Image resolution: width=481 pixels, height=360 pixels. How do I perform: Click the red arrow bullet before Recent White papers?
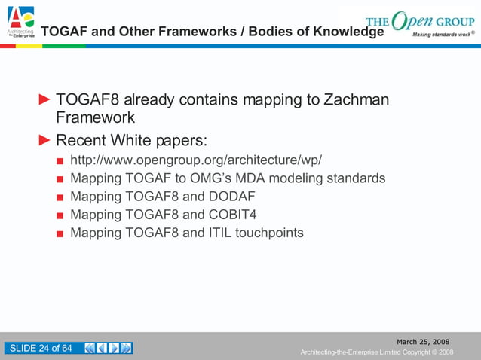pyautogui.click(x=45, y=140)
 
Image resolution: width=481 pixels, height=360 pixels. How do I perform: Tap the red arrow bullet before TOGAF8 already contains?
pyautogui.click(x=45, y=99)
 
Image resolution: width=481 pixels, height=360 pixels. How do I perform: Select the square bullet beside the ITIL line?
pyautogui.click(x=60, y=233)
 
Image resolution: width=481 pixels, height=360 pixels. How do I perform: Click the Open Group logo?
pyautogui.click(x=419, y=23)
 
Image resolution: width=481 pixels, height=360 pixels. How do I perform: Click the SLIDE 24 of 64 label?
pyautogui.click(x=41, y=348)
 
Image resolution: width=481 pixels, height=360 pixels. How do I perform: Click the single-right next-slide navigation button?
pyautogui.click(x=114, y=348)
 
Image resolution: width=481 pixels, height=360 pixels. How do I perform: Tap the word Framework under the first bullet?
pyautogui.click(x=96, y=118)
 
